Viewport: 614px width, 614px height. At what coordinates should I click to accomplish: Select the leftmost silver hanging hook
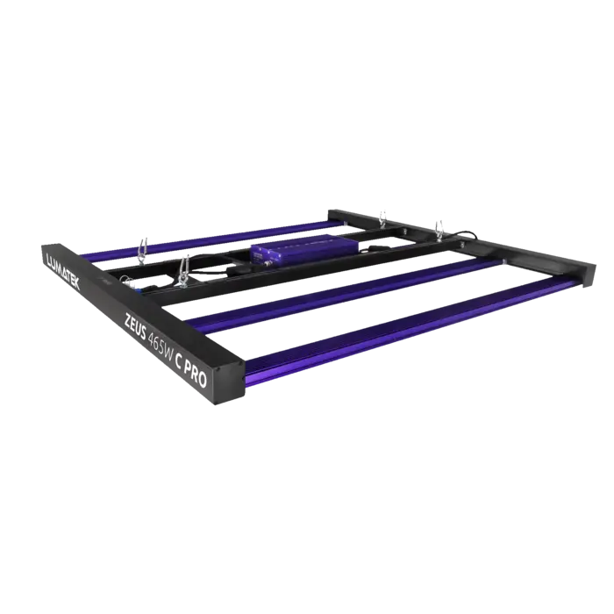[x=139, y=250]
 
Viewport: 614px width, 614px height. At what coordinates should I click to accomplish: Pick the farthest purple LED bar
[x=219, y=238]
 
